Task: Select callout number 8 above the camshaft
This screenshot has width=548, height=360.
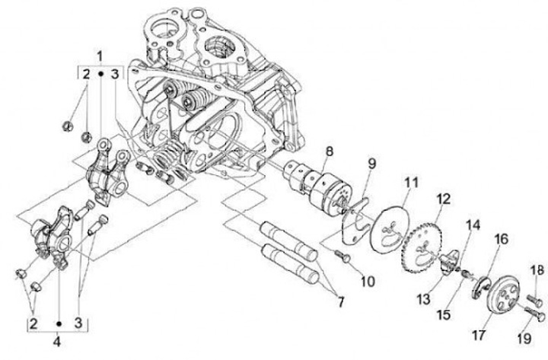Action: point(329,152)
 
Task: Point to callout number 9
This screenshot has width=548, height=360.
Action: point(372,163)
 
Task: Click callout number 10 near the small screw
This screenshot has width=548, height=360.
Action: point(368,281)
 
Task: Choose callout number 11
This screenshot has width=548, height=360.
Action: point(411,183)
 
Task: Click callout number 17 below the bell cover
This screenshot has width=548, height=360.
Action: point(480,333)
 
